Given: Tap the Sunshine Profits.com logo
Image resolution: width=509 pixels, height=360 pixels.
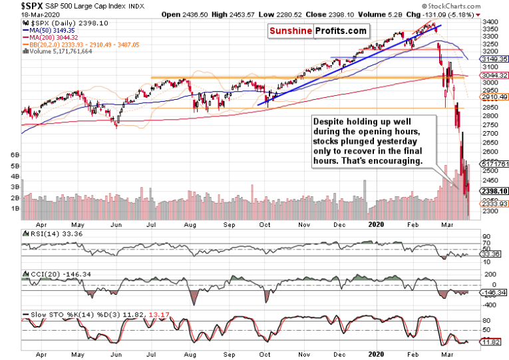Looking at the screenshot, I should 318,31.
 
